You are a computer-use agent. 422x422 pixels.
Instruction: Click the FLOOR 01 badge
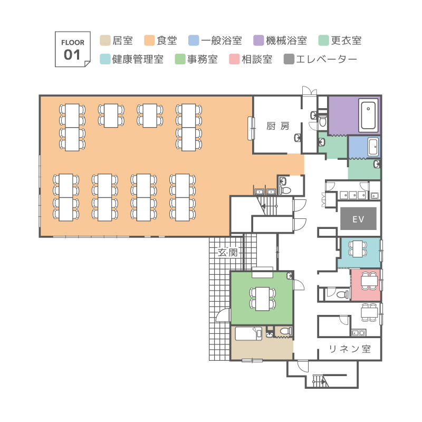point(73,49)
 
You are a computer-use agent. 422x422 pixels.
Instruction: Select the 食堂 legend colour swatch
point(149,41)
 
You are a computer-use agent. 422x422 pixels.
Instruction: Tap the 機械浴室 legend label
point(286,41)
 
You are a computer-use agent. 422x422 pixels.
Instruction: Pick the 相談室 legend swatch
point(234,59)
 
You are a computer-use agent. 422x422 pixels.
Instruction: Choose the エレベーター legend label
point(327,59)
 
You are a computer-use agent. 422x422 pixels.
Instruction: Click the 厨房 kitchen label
point(278,126)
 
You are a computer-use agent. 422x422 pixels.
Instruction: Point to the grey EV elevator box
point(358,218)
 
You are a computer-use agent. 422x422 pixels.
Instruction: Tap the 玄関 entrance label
point(228,253)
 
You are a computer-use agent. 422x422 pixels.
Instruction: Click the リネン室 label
point(350,349)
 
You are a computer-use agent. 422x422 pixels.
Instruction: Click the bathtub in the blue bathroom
point(373,147)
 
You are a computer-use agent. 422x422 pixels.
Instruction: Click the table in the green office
point(262,299)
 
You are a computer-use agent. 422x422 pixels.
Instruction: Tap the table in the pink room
point(369,281)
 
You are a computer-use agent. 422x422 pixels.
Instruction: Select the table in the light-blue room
point(358,249)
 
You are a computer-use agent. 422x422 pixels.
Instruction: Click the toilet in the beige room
point(286,331)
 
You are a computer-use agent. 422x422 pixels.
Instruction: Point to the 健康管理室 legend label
point(138,59)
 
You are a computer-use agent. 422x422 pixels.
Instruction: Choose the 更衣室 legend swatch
point(323,41)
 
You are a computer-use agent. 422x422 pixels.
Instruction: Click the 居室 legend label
point(123,41)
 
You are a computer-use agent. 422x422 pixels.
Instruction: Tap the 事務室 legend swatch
point(180,59)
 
